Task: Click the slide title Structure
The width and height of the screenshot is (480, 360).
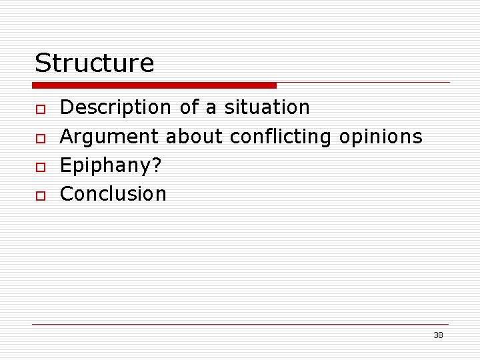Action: (x=94, y=63)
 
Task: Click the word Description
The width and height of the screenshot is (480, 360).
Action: (x=115, y=107)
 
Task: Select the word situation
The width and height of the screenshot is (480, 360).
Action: (x=267, y=107)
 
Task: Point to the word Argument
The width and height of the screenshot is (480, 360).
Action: (x=109, y=137)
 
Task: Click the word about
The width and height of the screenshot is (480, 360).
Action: (x=194, y=137)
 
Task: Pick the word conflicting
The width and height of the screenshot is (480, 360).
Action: (x=280, y=137)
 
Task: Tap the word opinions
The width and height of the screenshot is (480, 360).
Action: (x=381, y=137)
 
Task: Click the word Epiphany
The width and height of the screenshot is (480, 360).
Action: (x=106, y=166)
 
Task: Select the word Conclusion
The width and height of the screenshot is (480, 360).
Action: (x=113, y=194)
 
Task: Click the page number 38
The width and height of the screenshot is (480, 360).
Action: (x=438, y=335)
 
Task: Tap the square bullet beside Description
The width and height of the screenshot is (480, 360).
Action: (x=40, y=109)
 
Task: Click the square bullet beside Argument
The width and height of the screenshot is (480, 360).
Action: (x=40, y=138)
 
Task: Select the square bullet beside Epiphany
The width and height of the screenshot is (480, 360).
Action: (x=40, y=167)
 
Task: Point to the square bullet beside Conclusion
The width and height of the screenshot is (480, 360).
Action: (x=40, y=195)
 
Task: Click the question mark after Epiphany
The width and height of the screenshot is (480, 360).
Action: (x=157, y=165)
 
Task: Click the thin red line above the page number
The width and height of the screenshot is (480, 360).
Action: (x=240, y=324)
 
